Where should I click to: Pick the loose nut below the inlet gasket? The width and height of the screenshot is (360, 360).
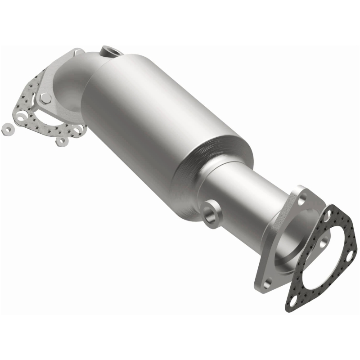coord(61,141)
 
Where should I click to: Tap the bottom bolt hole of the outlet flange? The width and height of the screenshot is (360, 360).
coord(267,283)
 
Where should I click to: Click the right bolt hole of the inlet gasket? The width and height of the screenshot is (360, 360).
coord(77,130)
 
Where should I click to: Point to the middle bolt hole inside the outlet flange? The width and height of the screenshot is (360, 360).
coord(322,243)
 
